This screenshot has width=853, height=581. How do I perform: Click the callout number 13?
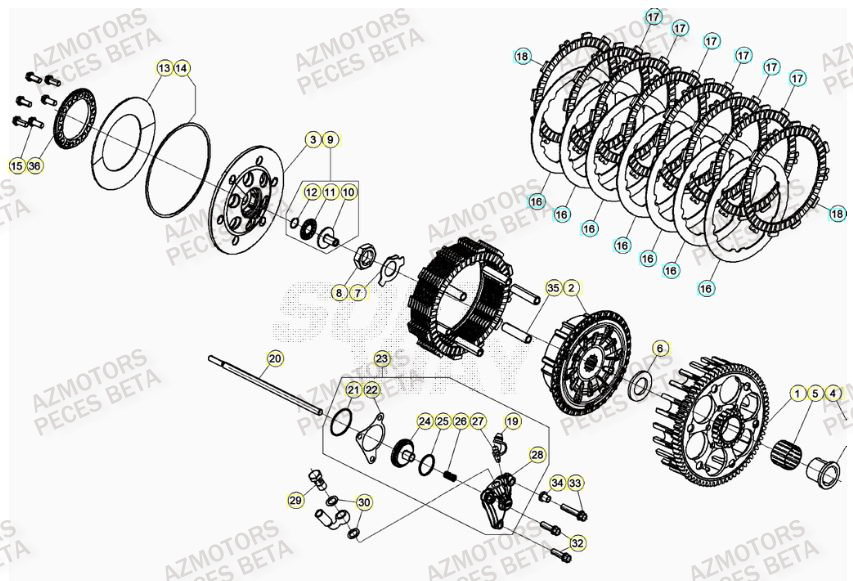point(164,68)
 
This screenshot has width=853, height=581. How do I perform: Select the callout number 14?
point(182,68)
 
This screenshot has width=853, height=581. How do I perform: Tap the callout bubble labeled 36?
point(36,165)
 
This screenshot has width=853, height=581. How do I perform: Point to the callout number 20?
point(275,358)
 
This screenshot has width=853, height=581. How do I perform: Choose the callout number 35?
point(553,288)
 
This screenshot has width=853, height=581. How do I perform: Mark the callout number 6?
point(658,348)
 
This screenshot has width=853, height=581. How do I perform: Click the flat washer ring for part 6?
point(639,385)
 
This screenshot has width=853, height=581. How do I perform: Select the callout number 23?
point(381,358)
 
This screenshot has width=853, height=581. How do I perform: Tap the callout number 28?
point(537,455)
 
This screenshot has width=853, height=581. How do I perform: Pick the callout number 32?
point(576,542)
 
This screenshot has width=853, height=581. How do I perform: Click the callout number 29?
point(295,500)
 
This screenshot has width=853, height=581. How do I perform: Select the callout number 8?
point(340,293)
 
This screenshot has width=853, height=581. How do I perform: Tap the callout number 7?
point(358,293)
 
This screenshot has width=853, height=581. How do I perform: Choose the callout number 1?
point(797,393)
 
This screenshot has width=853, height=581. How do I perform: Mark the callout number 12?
point(312,191)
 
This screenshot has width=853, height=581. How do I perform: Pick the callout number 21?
point(353,389)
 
